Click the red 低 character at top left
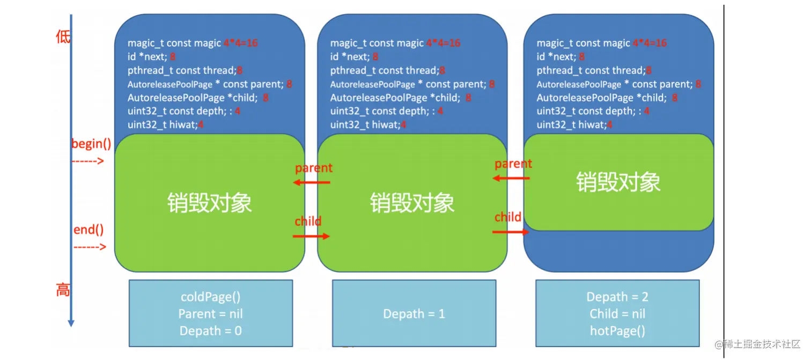click(x=63, y=37)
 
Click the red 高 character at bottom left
click(x=63, y=290)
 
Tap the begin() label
click(x=91, y=144)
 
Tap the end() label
click(x=89, y=230)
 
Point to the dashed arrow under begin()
click(x=87, y=160)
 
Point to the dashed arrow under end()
click(x=90, y=247)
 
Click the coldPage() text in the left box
click(x=210, y=297)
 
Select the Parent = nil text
click(x=210, y=314)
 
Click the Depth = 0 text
click(x=210, y=330)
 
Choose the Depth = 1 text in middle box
click(x=414, y=314)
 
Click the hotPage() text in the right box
click(x=617, y=330)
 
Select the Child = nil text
click(x=617, y=314)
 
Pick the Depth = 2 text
click(x=617, y=297)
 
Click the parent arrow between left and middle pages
click(x=312, y=182)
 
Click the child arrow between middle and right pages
click(x=511, y=232)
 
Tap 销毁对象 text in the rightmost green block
click(x=618, y=182)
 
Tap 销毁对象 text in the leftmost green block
click(x=210, y=203)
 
